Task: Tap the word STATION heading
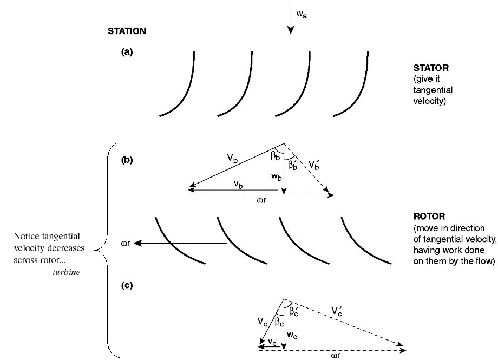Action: coord(127,31)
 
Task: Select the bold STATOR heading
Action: coord(431,69)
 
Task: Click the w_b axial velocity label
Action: coord(276,177)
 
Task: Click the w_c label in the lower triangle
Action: coord(292,336)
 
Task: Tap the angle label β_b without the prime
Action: coord(275,156)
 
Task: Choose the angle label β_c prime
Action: coord(294,311)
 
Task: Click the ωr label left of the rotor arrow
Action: coord(126,244)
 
